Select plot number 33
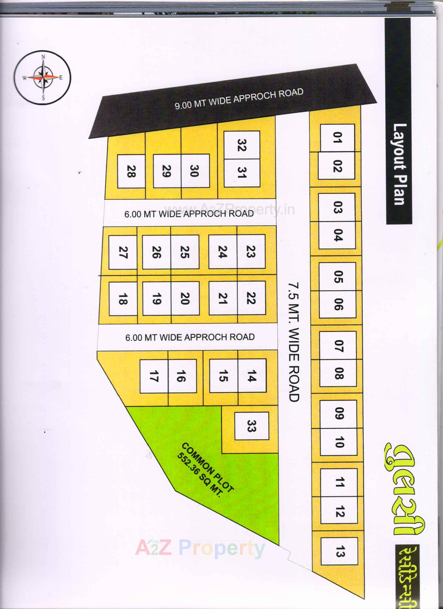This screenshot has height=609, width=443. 251,426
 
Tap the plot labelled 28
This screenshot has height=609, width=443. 131,171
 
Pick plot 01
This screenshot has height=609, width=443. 337,138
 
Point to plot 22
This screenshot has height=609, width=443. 251,298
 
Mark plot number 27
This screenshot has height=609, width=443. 123,252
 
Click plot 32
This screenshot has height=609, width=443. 242,145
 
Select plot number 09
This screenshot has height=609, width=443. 338,414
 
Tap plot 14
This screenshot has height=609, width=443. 252,375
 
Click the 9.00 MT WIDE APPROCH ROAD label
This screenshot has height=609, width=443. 239,99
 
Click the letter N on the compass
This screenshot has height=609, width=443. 43,57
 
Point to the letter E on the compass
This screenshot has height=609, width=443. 61,78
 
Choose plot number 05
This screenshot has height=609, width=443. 338,277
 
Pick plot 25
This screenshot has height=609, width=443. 185,252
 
